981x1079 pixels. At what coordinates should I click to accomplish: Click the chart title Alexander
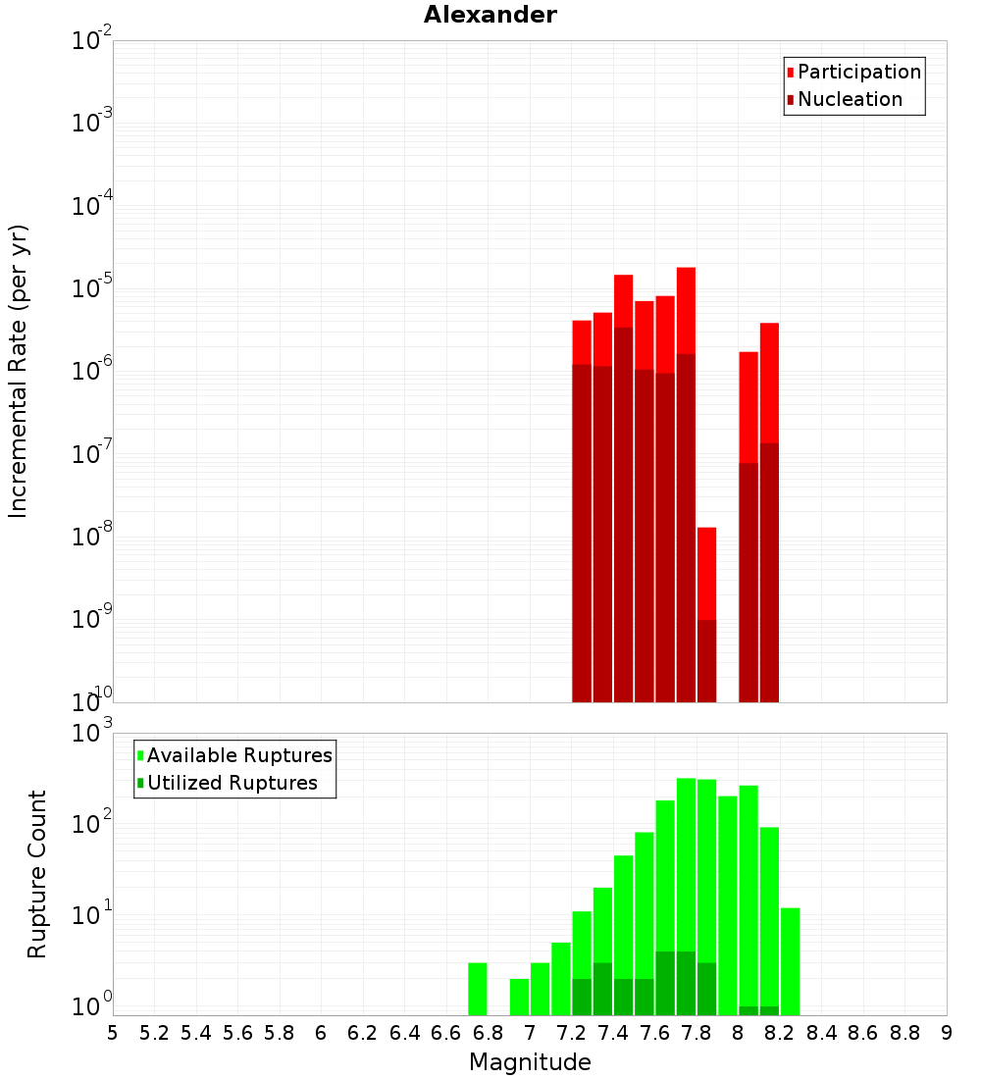coord(490,15)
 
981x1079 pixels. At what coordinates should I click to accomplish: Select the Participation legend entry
coord(858,72)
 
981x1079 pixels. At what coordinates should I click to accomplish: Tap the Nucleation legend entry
coord(849,99)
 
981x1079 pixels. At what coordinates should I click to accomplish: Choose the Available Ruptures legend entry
coord(238,755)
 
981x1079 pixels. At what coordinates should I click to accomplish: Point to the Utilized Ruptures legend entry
coord(232,783)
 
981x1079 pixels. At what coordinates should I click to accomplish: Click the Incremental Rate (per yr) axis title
coord(19,371)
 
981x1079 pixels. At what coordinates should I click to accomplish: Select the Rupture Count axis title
coord(37,874)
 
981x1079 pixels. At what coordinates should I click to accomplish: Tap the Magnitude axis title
coord(530,1062)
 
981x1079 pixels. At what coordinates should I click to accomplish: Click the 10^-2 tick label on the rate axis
coord(92,41)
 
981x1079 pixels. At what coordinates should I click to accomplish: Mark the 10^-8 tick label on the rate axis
coord(92,537)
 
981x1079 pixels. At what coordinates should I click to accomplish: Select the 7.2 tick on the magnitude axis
coord(571,1033)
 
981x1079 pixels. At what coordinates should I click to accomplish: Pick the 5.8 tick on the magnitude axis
coord(280,1033)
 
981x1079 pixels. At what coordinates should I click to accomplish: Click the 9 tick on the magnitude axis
coord(946,1033)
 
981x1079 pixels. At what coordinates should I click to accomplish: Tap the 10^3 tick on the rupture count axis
coord(92,733)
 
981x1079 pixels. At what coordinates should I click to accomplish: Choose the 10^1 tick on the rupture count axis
coord(92,916)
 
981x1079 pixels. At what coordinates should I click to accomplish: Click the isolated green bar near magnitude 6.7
coord(478,989)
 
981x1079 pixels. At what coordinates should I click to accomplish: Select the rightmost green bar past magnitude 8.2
coord(790,961)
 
